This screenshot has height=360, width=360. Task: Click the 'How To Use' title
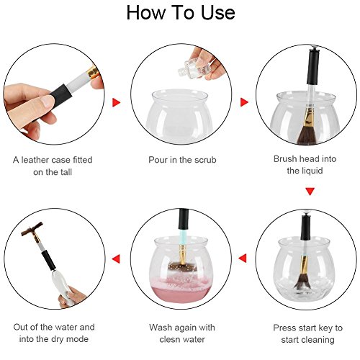click(181, 12)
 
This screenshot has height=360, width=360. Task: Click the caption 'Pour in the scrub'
click(182, 160)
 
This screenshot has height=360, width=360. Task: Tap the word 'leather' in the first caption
click(35, 160)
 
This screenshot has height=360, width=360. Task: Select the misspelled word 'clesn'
click(170, 339)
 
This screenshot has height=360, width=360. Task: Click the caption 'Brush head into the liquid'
click(305, 165)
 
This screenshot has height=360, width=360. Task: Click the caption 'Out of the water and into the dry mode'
click(54, 333)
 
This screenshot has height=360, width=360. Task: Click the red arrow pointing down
click(310, 192)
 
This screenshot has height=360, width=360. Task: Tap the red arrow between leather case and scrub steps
click(117, 102)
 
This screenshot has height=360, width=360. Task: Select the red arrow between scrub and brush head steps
click(244, 102)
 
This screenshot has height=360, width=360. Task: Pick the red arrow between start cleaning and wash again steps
click(243, 258)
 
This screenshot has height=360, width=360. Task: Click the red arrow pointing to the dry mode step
click(116, 258)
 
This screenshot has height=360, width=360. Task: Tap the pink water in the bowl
click(181, 290)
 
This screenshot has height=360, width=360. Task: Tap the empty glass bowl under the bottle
click(179, 114)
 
